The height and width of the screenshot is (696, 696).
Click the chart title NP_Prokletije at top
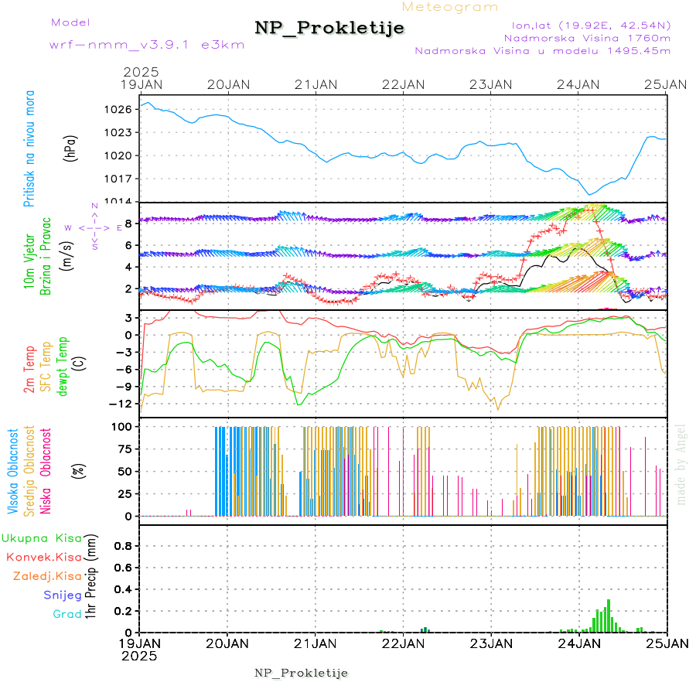tap(329, 29)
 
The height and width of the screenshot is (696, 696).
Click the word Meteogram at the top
tap(450, 7)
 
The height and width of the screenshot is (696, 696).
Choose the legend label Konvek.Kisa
tap(43, 557)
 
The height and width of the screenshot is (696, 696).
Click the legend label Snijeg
tap(63, 595)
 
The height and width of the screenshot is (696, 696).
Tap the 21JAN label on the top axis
tap(316, 84)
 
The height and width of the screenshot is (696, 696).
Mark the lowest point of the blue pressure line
tap(589, 195)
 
